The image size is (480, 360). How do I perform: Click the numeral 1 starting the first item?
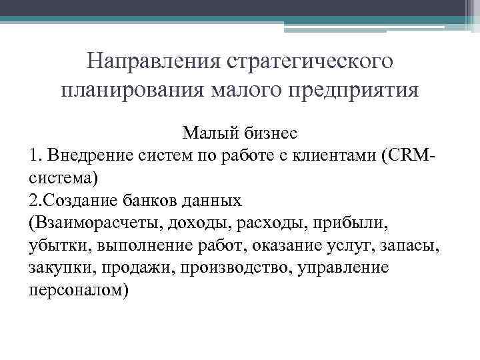tap(33, 157)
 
